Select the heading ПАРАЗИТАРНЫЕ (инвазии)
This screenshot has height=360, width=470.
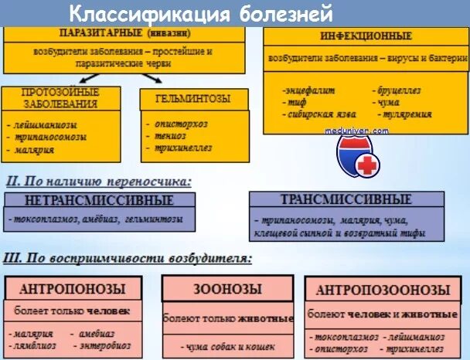(124, 33)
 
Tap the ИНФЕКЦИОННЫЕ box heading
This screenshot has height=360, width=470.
(366, 36)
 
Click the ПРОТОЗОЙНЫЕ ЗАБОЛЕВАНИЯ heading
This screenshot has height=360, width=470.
(60, 98)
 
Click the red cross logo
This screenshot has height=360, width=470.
(367, 165)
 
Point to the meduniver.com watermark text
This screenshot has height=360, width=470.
(357, 131)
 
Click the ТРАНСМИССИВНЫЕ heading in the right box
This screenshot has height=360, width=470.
(346, 199)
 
